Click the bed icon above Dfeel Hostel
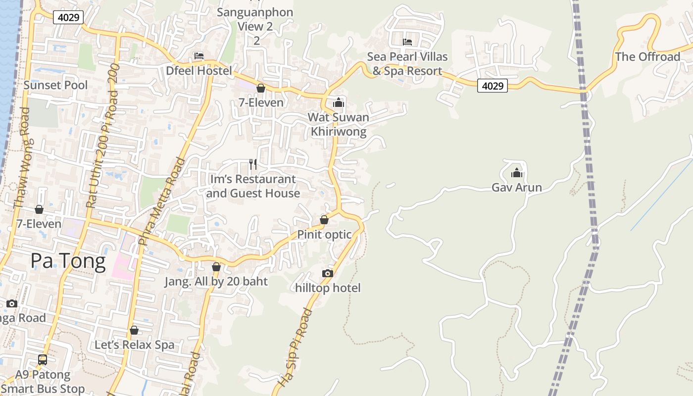(x=199, y=55)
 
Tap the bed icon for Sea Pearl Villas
(x=407, y=42)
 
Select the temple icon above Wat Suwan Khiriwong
(x=339, y=102)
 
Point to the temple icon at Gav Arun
(x=517, y=173)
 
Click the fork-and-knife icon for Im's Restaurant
(x=253, y=164)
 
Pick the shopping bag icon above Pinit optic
(x=324, y=219)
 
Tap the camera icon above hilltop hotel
(x=327, y=273)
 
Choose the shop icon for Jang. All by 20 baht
(x=216, y=267)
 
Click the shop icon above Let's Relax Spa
(x=134, y=330)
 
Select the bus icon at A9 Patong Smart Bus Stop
(x=43, y=359)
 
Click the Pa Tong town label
(x=68, y=261)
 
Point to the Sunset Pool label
(x=55, y=85)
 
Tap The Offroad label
(x=647, y=56)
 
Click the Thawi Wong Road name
(x=22, y=157)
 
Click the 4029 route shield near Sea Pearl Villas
(x=493, y=86)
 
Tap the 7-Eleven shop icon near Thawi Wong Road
(x=39, y=209)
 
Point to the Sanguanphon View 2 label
(x=255, y=19)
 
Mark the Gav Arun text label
(x=517, y=187)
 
